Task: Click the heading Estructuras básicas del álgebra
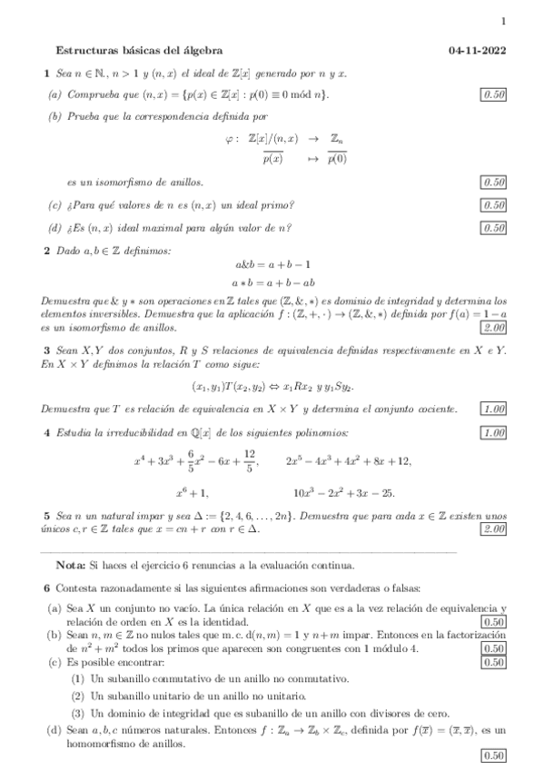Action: click(x=139, y=51)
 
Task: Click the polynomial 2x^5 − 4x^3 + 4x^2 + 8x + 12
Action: click(x=348, y=462)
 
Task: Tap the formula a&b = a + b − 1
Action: click(x=272, y=266)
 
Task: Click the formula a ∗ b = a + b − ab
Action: click(x=272, y=282)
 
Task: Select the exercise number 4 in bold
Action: click(x=47, y=432)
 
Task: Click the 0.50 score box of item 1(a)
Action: click(x=495, y=94)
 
